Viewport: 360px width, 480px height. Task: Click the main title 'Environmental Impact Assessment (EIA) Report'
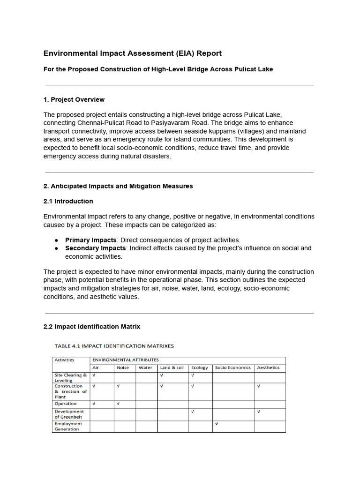133,53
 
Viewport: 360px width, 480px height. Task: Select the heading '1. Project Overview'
74,99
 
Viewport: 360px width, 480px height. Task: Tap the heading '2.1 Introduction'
68,201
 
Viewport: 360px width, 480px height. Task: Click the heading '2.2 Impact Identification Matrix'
92,326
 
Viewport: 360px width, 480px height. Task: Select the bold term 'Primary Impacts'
90,240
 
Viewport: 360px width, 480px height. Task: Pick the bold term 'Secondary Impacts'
95,248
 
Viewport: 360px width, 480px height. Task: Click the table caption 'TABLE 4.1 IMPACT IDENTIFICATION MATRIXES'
114,346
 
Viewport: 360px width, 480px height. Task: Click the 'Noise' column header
122,368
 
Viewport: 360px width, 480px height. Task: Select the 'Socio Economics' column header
232,368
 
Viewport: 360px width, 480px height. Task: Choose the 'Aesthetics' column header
268,368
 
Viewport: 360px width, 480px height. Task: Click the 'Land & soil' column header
172,368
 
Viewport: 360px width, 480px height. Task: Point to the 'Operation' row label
66,404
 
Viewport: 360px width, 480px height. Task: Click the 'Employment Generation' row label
68,426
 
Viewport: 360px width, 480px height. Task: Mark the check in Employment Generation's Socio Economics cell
216,424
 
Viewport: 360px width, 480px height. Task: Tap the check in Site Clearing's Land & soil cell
161,375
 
